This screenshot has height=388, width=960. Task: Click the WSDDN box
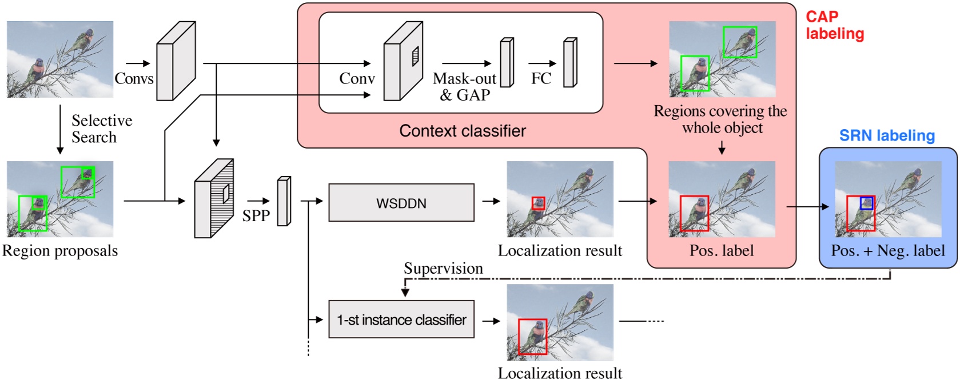[x=401, y=203]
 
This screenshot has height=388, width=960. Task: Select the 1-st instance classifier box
[x=401, y=319]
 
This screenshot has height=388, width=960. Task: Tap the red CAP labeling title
[x=834, y=25]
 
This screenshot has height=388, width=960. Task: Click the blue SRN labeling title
[x=886, y=136]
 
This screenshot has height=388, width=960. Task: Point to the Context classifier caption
[x=462, y=131]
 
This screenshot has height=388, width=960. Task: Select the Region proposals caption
[x=60, y=251]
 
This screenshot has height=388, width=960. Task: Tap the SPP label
[x=256, y=215]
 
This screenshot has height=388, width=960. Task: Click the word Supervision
[x=443, y=268]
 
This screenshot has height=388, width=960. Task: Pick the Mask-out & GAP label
[x=464, y=86]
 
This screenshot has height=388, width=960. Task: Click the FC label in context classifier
[x=541, y=78]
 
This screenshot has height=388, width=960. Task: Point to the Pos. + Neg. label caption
[x=887, y=251]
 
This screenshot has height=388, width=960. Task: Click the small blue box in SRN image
[x=867, y=203]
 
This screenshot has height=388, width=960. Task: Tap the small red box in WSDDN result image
[x=538, y=203]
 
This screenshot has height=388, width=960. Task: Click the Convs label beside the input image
[x=134, y=78]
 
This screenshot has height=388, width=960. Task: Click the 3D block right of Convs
[x=176, y=61]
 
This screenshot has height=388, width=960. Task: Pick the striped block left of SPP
[x=214, y=198]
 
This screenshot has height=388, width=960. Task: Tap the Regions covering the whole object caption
[x=720, y=119]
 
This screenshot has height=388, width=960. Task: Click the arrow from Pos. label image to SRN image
[x=807, y=206]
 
